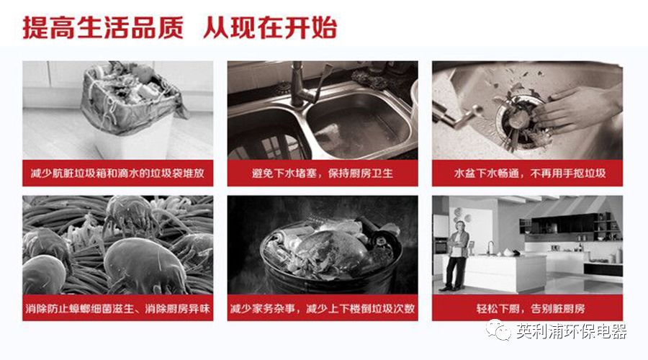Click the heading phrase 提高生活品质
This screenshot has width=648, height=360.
pos(103,27)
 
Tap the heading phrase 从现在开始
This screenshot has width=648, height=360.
pos(270,27)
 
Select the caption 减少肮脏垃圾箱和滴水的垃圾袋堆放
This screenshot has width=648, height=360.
pos(118,174)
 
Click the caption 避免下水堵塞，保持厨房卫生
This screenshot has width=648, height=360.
pos(323,174)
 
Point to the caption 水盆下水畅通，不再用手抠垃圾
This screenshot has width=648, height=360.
pos(530,174)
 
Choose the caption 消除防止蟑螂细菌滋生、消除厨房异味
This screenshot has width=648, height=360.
pos(118,308)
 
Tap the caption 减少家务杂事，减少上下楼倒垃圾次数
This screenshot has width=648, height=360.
pos(323,308)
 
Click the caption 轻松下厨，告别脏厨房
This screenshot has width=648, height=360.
pos(531,308)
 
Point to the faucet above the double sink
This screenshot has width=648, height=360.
pos(304,85)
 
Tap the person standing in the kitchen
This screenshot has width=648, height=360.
pos(456,256)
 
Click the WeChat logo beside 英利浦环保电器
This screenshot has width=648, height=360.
pos(498,330)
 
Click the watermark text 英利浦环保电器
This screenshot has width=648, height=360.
pos(572,331)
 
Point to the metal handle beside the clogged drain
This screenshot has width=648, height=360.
pos(457,116)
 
